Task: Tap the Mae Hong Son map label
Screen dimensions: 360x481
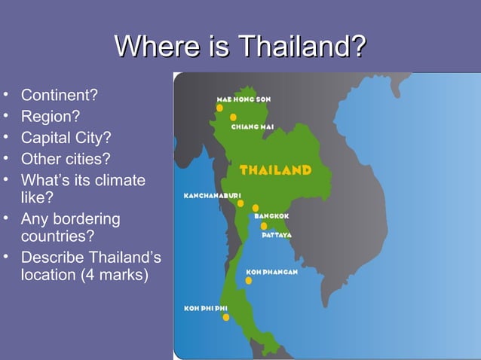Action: click(x=244, y=99)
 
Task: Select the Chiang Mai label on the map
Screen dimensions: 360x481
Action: click(x=252, y=127)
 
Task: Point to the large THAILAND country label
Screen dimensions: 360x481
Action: click(x=275, y=170)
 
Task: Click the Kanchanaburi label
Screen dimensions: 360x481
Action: click(x=213, y=196)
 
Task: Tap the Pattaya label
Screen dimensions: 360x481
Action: click(x=277, y=235)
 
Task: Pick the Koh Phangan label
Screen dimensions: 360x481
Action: click(x=272, y=272)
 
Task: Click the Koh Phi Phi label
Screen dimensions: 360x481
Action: click(x=206, y=308)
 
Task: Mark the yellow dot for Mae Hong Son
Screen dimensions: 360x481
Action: click(x=219, y=108)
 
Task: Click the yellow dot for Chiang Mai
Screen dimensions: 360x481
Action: click(x=234, y=117)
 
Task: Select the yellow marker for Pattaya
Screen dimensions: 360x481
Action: click(x=264, y=226)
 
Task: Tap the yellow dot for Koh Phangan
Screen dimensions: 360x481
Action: click(x=249, y=280)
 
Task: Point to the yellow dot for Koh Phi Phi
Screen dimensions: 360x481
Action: click(x=226, y=317)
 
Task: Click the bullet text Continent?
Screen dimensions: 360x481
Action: click(x=60, y=96)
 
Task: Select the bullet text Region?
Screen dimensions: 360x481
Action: click(x=50, y=117)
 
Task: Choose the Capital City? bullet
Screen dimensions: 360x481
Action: click(x=66, y=139)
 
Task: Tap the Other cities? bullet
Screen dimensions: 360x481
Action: click(x=65, y=159)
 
